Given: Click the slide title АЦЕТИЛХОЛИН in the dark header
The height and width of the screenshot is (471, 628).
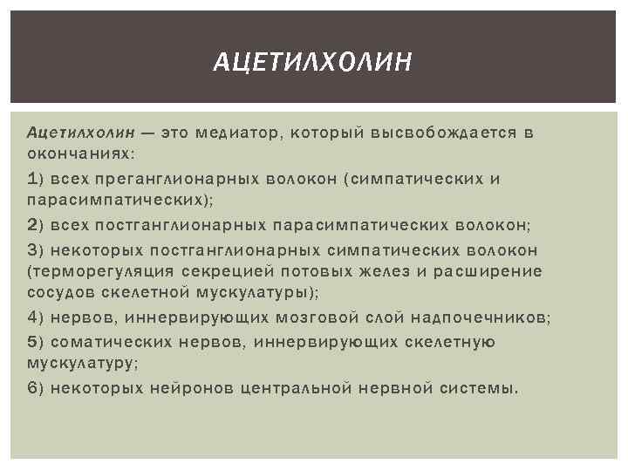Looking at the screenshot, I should click(x=313, y=62).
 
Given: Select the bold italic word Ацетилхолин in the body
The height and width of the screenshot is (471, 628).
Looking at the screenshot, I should click(x=81, y=132).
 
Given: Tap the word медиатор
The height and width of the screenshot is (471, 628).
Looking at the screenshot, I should click(x=232, y=132).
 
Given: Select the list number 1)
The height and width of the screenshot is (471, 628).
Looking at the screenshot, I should click(x=37, y=179).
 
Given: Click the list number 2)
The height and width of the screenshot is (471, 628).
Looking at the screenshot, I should click(x=37, y=225).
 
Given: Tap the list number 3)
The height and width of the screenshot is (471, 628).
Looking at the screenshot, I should click(x=37, y=250).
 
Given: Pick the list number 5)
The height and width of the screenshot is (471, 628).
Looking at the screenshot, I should click(x=37, y=342).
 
